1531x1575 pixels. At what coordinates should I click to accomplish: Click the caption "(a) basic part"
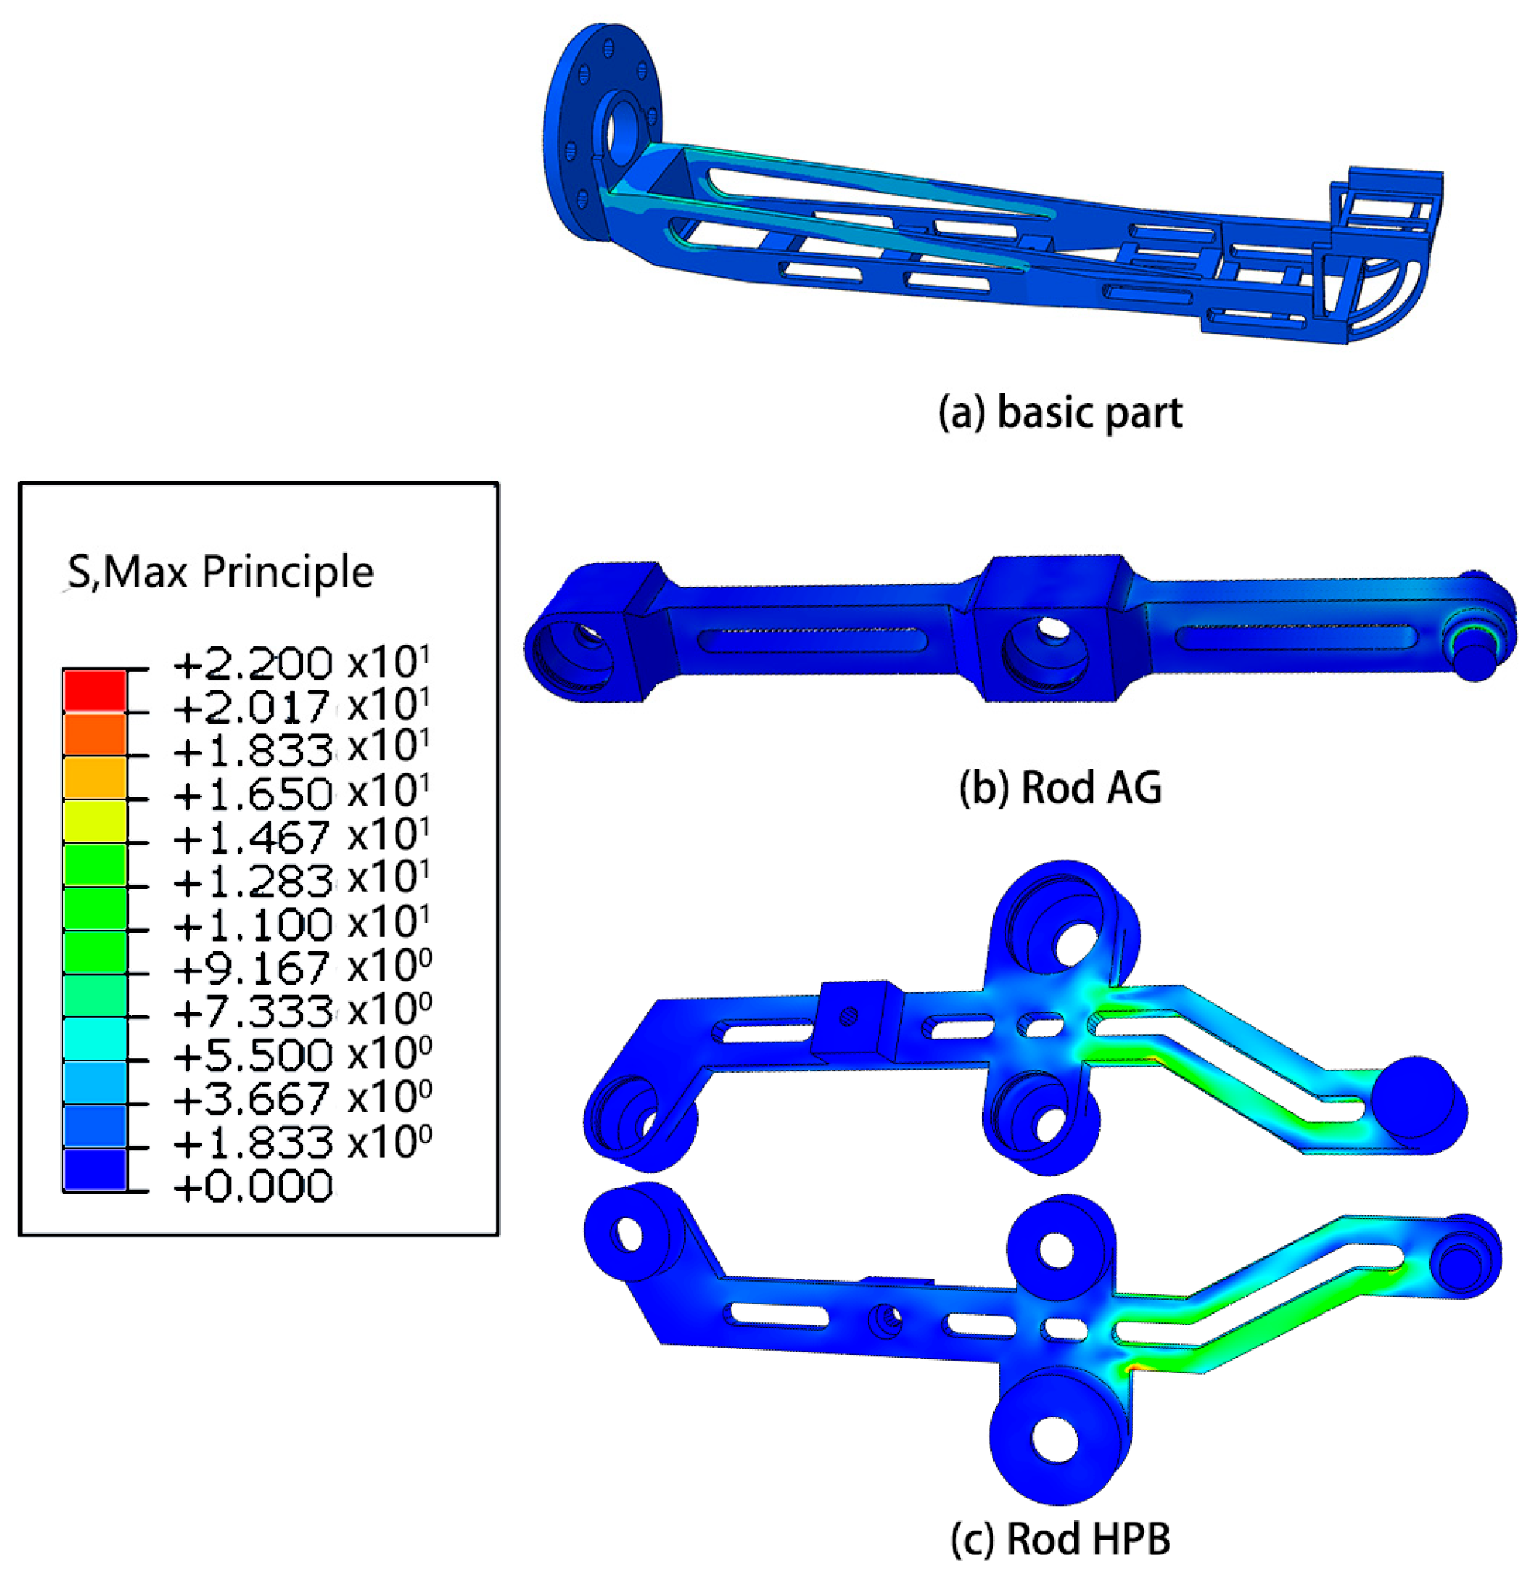(x=1060, y=414)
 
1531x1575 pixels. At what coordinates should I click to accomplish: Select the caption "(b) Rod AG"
(x=1060, y=787)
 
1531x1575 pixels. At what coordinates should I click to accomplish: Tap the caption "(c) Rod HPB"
(x=1060, y=1539)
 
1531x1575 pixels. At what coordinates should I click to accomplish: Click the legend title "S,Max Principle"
(x=220, y=572)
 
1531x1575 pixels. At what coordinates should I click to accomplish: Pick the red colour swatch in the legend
(x=94, y=690)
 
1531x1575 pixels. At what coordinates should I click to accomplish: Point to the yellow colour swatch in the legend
(x=94, y=821)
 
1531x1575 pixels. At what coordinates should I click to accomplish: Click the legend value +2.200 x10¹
(x=302, y=663)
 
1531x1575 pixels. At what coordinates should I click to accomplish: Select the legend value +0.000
(x=253, y=1185)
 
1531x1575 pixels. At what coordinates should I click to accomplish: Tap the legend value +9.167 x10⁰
(x=302, y=967)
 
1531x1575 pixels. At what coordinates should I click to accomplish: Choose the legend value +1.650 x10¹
(x=302, y=793)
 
